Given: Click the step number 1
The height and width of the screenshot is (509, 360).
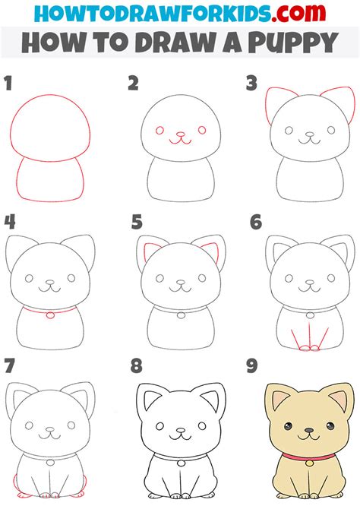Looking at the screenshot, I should tap(10, 84).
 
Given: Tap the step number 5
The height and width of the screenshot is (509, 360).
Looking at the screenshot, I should tap(137, 223).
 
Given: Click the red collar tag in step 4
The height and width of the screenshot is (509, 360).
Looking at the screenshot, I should tap(51, 315).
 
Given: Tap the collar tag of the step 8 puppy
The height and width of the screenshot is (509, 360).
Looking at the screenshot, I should tap(179, 461).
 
